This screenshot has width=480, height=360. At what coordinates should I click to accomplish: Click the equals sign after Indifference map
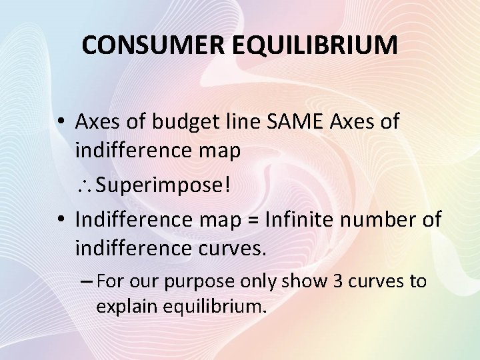pyautogui.click(x=253, y=219)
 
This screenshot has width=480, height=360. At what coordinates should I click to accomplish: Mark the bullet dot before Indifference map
pyautogui.click(x=60, y=219)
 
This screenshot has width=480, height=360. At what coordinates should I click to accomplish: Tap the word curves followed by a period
pyautogui.click(x=231, y=249)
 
